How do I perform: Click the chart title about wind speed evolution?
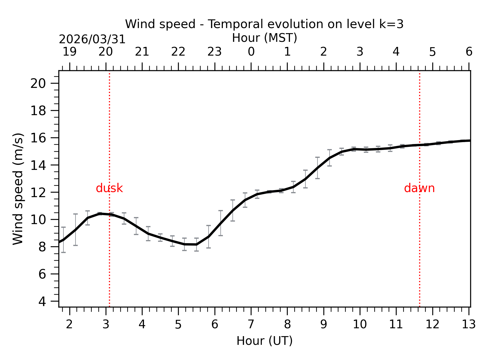click(x=264, y=24)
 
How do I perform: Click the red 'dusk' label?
click(x=109, y=188)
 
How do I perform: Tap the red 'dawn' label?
click(x=419, y=188)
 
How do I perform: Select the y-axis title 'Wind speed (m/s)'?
click(x=18, y=189)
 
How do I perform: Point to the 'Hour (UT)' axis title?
click(x=264, y=341)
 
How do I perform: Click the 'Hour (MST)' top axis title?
click(x=264, y=38)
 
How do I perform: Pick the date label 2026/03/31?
click(x=92, y=39)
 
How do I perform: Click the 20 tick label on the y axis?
click(x=38, y=83)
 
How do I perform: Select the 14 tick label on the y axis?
click(x=38, y=165)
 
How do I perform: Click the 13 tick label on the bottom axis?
click(x=469, y=325)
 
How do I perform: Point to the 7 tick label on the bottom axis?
click(x=251, y=325)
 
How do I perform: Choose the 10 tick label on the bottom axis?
click(x=360, y=325)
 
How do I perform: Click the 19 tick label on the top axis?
click(x=69, y=52)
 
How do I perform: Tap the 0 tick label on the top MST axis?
click(x=251, y=52)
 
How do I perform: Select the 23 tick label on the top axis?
click(x=215, y=52)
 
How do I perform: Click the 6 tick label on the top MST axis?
click(x=469, y=52)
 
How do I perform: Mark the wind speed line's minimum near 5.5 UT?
click(x=196, y=245)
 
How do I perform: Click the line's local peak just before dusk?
click(x=100, y=214)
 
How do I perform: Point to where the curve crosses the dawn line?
click(x=420, y=145)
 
